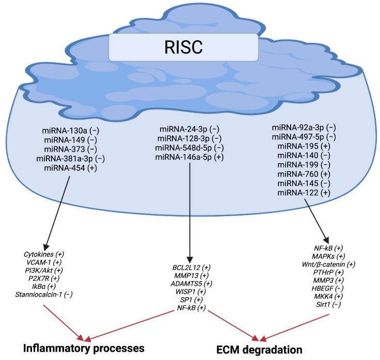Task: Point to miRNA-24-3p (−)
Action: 189,129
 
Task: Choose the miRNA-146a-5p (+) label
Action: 189,157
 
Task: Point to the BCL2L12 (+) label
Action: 192,268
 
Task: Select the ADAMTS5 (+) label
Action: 192,283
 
